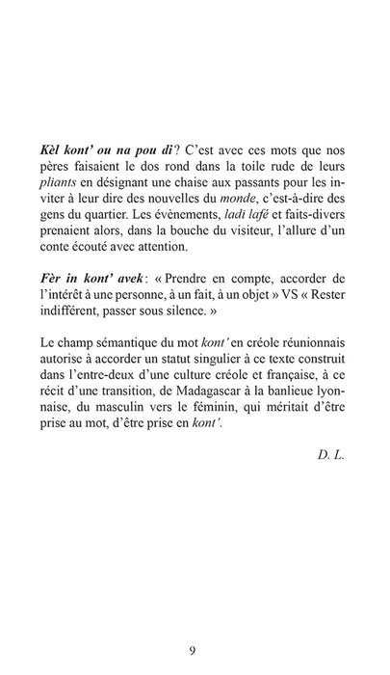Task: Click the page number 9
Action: pos(195,623)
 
